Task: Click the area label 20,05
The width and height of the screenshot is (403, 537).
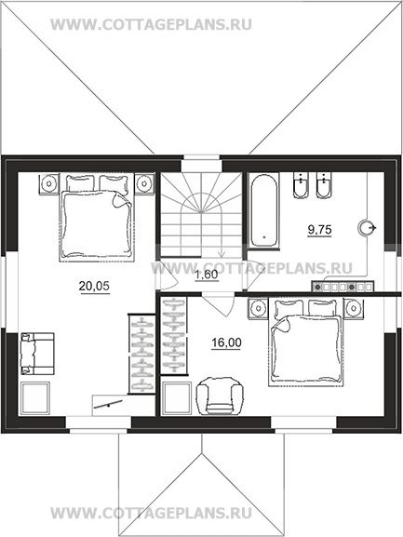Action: coord(94,286)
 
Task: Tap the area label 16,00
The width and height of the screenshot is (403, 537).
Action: coord(226,342)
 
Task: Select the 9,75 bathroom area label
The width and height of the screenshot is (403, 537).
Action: coord(319,230)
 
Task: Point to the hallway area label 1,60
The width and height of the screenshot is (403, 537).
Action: coord(207,275)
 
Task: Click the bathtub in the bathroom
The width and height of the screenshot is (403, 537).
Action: coord(264,210)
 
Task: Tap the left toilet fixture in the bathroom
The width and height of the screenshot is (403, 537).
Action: coord(301,185)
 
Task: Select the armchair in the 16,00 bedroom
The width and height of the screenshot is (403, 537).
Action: coord(220,396)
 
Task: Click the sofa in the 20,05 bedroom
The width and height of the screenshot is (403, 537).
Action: coord(37,354)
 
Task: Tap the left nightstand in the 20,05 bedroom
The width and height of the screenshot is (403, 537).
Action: coord(49,184)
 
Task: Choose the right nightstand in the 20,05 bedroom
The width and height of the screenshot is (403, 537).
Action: coord(144,184)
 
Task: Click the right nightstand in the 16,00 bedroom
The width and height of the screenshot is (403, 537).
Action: coord(354,309)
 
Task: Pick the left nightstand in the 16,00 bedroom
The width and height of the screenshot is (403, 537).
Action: coord(258,309)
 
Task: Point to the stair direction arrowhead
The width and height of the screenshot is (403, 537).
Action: coord(222,254)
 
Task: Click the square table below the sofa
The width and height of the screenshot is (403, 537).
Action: coord(35,398)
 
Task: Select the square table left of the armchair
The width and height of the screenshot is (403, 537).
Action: coord(177,398)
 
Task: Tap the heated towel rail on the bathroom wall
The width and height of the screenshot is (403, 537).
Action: coord(343,287)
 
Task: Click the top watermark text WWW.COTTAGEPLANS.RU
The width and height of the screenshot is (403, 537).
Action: coord(151,24)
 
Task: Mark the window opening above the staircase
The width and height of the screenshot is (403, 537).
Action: coord(201,164)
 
